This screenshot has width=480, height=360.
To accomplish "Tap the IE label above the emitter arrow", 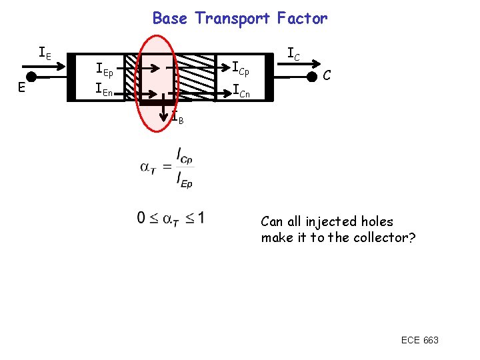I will (45, 52).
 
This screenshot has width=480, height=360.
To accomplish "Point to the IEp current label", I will (104, 68).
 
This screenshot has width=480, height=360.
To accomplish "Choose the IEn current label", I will (104, 88).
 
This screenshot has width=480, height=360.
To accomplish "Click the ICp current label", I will (240, 68).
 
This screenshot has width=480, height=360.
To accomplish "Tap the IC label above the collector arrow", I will (294, 52).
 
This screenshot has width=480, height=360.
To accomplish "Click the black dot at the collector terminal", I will (311, 77).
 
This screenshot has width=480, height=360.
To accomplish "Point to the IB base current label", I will (177, 119).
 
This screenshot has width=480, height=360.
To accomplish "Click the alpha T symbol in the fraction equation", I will (148, 167).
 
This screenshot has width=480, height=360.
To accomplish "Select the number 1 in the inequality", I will (201, 218).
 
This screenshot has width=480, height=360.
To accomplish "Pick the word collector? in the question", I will (384, 238).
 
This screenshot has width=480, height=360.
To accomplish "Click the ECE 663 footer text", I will (419, 341).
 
